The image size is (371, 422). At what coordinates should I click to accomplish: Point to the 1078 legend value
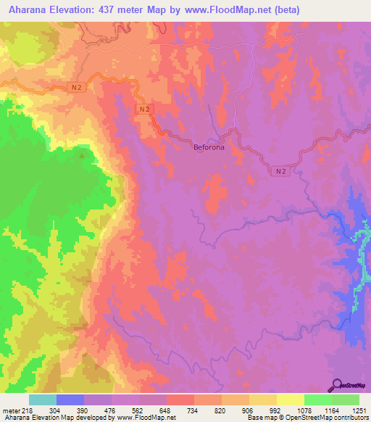[303, 410]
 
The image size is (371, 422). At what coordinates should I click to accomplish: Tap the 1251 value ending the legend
[358, 410]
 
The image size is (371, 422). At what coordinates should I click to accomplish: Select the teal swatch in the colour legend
[43, 400]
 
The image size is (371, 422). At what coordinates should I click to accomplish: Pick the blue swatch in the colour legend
[70, 400]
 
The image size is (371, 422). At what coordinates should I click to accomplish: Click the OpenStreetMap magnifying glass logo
[335, 385]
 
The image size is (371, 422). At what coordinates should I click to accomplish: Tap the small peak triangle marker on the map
[83, 154]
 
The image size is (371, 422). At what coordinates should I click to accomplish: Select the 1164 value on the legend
[330, 410]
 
